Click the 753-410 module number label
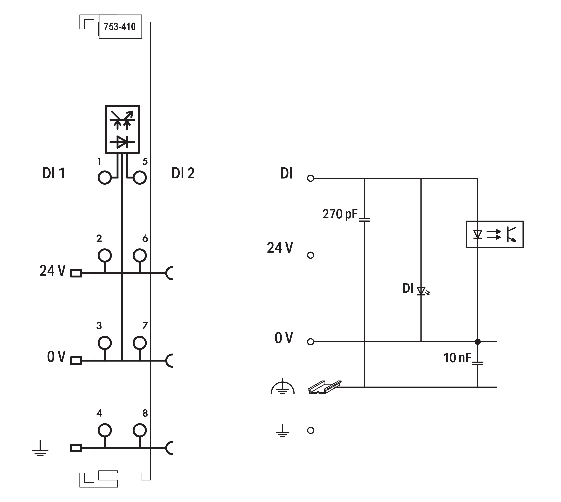pos(120,27)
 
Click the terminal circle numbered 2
pos(104,255)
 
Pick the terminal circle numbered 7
pos(139,343)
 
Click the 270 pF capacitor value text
pos(340,214)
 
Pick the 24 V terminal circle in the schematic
pos(311,255)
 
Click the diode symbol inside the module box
pos(122,142)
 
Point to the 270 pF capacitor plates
pos(364,220)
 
